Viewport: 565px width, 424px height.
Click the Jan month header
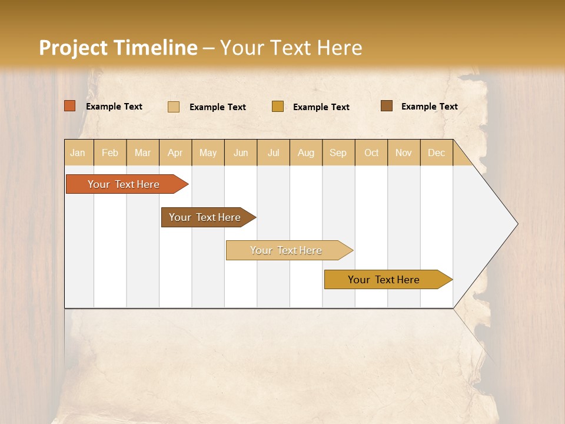tap(78, 153)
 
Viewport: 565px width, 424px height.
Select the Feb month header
tap(110, 153)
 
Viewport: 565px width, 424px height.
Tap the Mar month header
tap(142, 153)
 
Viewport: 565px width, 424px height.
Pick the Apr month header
tap(175, 153)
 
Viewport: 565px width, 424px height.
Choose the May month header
tap(208, 153)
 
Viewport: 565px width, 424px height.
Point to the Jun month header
tap(241, 153)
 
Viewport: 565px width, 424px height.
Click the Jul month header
tap(273, 153)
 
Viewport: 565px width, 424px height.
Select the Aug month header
tap(306, 153)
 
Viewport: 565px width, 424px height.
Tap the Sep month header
tap(338, 153)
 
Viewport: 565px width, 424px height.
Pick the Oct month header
tap(371, 153)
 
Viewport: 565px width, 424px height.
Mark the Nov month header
tap(404, 153)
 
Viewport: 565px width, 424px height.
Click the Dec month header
tap(437, 153)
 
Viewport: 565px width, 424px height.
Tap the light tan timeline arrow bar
tap(287, 250)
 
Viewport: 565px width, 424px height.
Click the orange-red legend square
tap(70, 106)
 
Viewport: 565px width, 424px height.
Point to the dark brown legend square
tap(386, 106)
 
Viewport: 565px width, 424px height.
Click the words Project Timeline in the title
tap(118, 48)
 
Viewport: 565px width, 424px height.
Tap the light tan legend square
tap(174, 107)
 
